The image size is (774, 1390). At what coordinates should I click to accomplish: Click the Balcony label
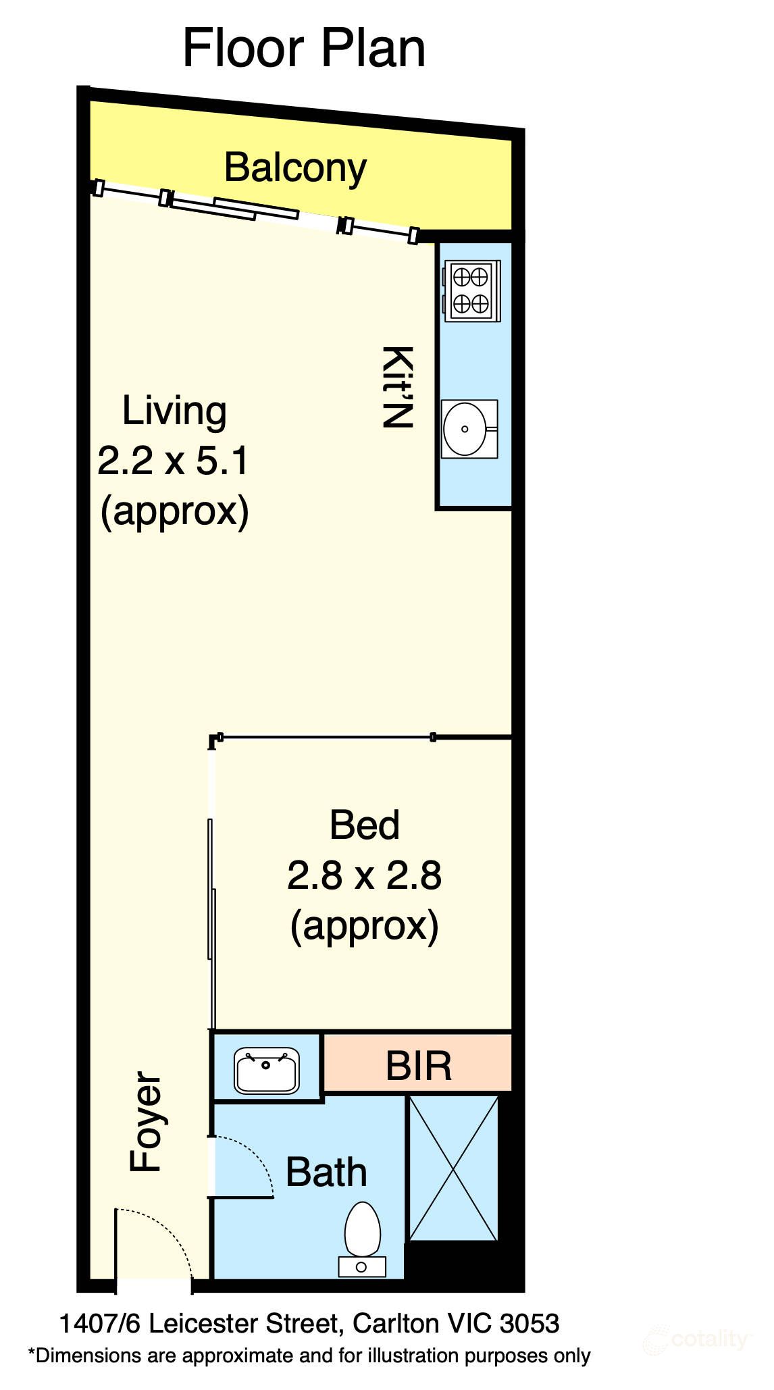(295, 168)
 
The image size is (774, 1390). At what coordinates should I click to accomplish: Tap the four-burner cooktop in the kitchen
(471, 291)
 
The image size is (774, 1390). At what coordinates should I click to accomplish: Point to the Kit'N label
(397, 387)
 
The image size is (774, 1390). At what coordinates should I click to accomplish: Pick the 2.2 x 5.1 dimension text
(174, 461)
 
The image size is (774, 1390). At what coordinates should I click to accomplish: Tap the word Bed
(365, 825)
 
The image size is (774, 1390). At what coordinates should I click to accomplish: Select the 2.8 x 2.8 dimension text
(365, 875)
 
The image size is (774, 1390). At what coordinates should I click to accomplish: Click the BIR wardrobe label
(419, 1066)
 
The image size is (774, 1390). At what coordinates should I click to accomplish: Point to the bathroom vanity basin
(267, 1070)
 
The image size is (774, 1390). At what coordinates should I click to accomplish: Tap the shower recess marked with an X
(453, 1168)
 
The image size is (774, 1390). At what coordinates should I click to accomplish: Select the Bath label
(326, 1172)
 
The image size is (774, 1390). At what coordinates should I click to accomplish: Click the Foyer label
(146, 1122)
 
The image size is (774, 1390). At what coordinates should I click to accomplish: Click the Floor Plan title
(304, 49)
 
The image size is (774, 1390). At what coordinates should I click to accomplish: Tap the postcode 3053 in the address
(530, 1324)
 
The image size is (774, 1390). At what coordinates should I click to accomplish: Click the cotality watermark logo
(696, 1339)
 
